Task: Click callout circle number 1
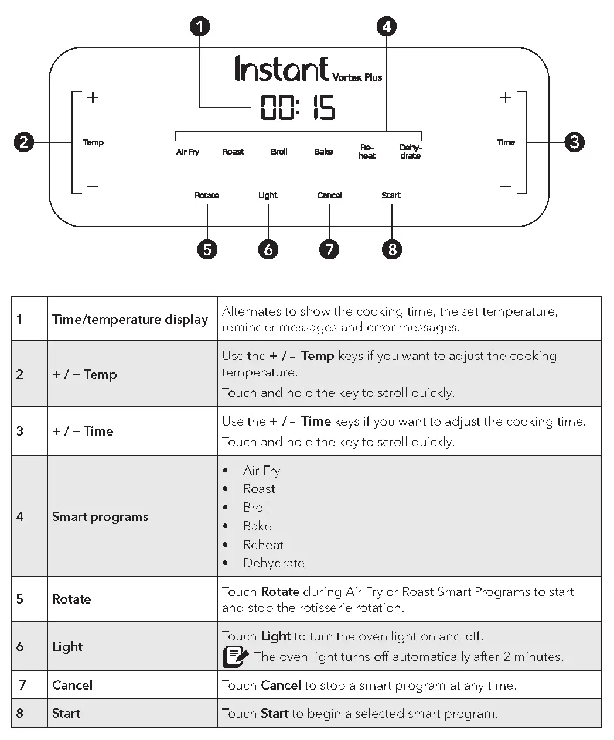[200, 26]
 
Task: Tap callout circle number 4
[386, 26]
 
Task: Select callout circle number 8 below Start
[392, 249]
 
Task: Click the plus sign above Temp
[93, 98]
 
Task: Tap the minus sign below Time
[505, 187]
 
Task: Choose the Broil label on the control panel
[279, 152]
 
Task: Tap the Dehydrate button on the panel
[410, 152]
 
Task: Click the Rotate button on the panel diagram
[207, 196]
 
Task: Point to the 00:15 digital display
[298, 108]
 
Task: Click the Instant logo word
[281, 69]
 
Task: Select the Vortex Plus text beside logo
[357, 77]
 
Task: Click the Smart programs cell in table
[100, 516]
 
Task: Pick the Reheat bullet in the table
[263, 544]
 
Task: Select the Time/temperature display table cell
[130, 319]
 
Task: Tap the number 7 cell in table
[23, 685]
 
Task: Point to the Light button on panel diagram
[268, 196]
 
